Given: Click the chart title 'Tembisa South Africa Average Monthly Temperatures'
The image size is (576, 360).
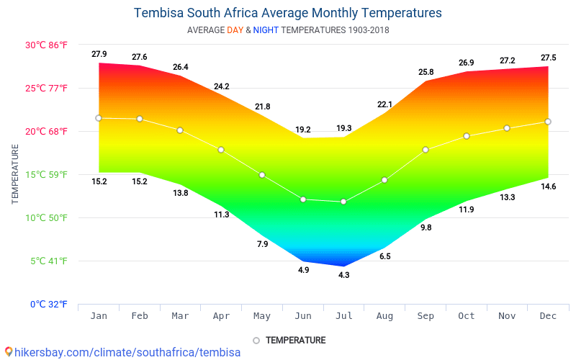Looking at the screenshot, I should tap(288, 13).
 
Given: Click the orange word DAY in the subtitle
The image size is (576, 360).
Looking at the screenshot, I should tap(235, 30).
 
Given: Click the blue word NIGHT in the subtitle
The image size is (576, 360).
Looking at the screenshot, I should tap(266, 30).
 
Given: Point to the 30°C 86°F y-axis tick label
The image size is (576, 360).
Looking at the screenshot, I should tap(47, 45).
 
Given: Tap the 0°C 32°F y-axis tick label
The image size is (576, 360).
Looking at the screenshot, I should tap(49, 305).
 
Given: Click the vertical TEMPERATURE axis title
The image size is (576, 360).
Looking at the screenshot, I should tap(15, 174).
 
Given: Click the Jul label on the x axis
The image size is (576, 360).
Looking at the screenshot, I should tap(343, 316).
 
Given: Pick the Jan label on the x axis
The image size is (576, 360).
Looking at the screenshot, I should tap(99, 316).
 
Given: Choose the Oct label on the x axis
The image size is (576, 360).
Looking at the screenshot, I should tap(467, 316).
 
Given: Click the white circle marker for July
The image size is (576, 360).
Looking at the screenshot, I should tap(343, 202).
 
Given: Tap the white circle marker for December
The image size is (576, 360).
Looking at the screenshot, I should tap(548, 122).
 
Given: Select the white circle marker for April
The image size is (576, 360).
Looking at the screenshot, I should tap(221, 150).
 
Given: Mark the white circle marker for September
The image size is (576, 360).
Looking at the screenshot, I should tap(426, 150).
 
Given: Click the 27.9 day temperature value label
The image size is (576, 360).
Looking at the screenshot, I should tap(99, 55).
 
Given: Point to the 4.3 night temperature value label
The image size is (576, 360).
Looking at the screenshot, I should tap(343, 275).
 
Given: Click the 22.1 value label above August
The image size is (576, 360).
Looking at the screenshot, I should tap(384, 104).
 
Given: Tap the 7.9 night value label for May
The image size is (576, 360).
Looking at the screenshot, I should tap(262, 244).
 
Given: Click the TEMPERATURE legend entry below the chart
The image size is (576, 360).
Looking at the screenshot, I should tap(295, 340).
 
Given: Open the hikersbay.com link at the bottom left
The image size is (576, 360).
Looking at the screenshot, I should tap(122, 353).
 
